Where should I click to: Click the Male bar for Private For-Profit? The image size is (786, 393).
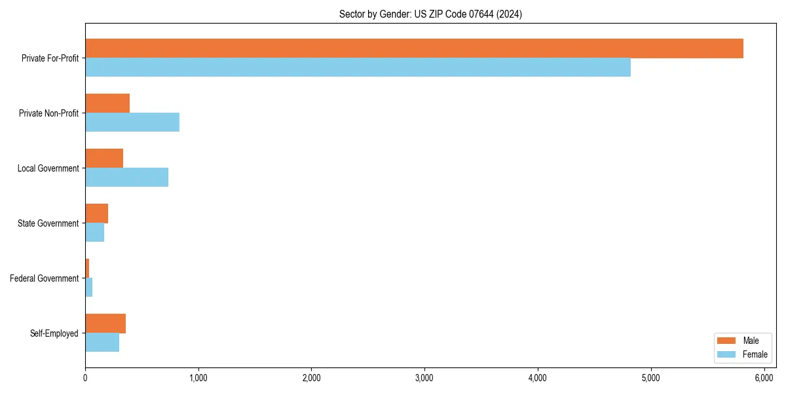(x=414, y=48)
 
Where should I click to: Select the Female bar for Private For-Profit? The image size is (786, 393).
(x=358, y=67)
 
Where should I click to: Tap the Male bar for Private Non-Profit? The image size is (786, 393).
(x=107, y=103)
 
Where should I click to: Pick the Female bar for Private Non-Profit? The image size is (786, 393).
(x=132, y=122)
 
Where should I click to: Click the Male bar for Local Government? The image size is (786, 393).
(x=104, y=159)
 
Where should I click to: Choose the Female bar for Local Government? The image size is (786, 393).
(x=126, y=178)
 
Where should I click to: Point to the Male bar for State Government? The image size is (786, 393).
(x=96, y=214)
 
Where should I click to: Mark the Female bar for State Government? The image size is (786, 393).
(x=94, y=233)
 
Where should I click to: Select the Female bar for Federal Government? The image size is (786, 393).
(x=88, y=288)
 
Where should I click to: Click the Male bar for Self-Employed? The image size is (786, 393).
(x=105, y=324)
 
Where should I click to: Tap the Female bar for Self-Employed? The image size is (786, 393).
(x=102, y=343)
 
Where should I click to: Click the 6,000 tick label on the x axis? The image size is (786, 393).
(x=764, y=378)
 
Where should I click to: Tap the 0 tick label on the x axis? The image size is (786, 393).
(x=85, y=378)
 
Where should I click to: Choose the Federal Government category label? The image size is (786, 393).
(x=45, y=278)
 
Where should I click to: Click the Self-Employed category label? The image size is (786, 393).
(x=54, y=333)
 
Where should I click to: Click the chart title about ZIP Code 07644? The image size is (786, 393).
(x=430, y=14)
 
